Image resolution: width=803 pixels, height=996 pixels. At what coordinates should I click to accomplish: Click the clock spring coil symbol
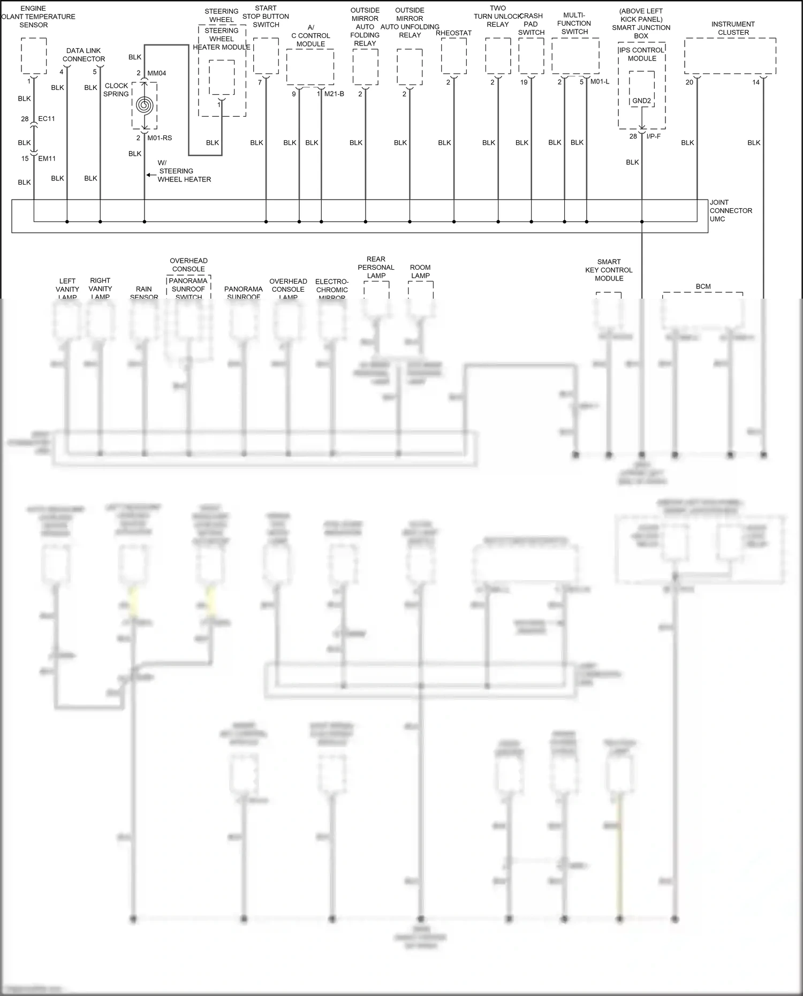tap(145, 105)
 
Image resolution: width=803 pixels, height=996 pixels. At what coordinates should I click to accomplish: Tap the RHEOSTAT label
tap(453, 33)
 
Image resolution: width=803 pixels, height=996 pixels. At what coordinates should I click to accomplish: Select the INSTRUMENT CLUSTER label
tap(733, 28)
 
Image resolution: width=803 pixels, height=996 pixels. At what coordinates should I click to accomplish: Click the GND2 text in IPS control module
tap(641, 101)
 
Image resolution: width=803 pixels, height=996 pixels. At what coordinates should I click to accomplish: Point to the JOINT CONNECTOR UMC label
tap(730, 211)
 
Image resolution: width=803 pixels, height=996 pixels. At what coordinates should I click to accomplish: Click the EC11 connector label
tap(47, 119)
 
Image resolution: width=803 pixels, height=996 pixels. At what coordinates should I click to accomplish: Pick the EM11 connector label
tap(47, 158)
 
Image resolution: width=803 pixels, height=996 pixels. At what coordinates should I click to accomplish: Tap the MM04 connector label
tap(156, 73)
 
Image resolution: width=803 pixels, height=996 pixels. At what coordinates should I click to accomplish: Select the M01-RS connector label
tap(160, 138)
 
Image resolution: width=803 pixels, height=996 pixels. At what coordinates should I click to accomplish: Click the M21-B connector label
tap(334, 94)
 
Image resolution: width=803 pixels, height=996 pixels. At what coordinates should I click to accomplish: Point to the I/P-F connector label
tap(653, 136)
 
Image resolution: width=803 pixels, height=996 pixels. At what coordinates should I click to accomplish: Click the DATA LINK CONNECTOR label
tap(84, 55)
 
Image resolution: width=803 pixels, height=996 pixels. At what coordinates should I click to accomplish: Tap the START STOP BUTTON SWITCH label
tap(266, 17)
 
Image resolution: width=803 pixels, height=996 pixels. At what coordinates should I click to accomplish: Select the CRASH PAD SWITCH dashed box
tap(531, 56)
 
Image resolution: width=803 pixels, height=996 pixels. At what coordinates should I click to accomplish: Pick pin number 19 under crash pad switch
tap(524, 82)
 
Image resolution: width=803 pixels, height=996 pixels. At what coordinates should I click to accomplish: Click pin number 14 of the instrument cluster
tap(755, 82)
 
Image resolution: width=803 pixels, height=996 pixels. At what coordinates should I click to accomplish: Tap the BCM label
tap(703, 287)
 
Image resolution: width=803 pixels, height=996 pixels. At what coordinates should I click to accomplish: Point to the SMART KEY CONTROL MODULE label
tap(609, 270)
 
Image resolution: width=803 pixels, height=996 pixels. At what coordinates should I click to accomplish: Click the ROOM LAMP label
tap(420, 271)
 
